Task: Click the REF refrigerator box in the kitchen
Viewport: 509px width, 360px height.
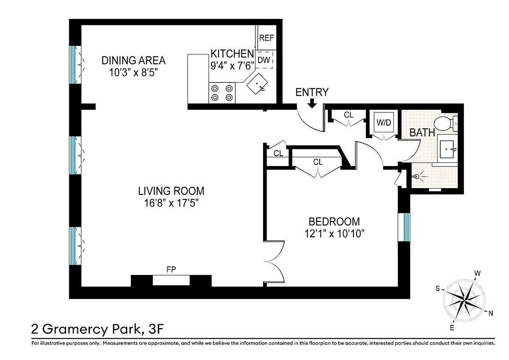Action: click(x=266, y=38)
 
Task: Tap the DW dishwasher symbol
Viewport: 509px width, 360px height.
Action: click(x=264, y=60)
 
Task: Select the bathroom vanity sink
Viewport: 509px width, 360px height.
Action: click(x=446, y=148)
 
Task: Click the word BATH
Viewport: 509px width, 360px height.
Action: click(x=422, y=133)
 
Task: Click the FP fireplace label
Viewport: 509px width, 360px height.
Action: click(x=171, y=270)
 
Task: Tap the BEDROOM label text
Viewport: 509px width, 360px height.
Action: click(x=334, y=221)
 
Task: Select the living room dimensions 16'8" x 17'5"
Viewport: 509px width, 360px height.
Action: click(x=171, y=203)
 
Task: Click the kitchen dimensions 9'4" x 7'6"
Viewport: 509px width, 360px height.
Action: click(x=232, y=65)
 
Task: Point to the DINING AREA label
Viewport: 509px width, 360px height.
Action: click(x=134, y=60)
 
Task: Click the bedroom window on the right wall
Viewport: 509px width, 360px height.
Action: click(x=406, y=227)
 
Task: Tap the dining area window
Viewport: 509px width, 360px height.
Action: click(x=73, y=65)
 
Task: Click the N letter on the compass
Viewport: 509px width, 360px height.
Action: click(x=491, y=314)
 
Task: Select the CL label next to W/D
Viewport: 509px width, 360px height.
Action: click(x=348, y=115)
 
